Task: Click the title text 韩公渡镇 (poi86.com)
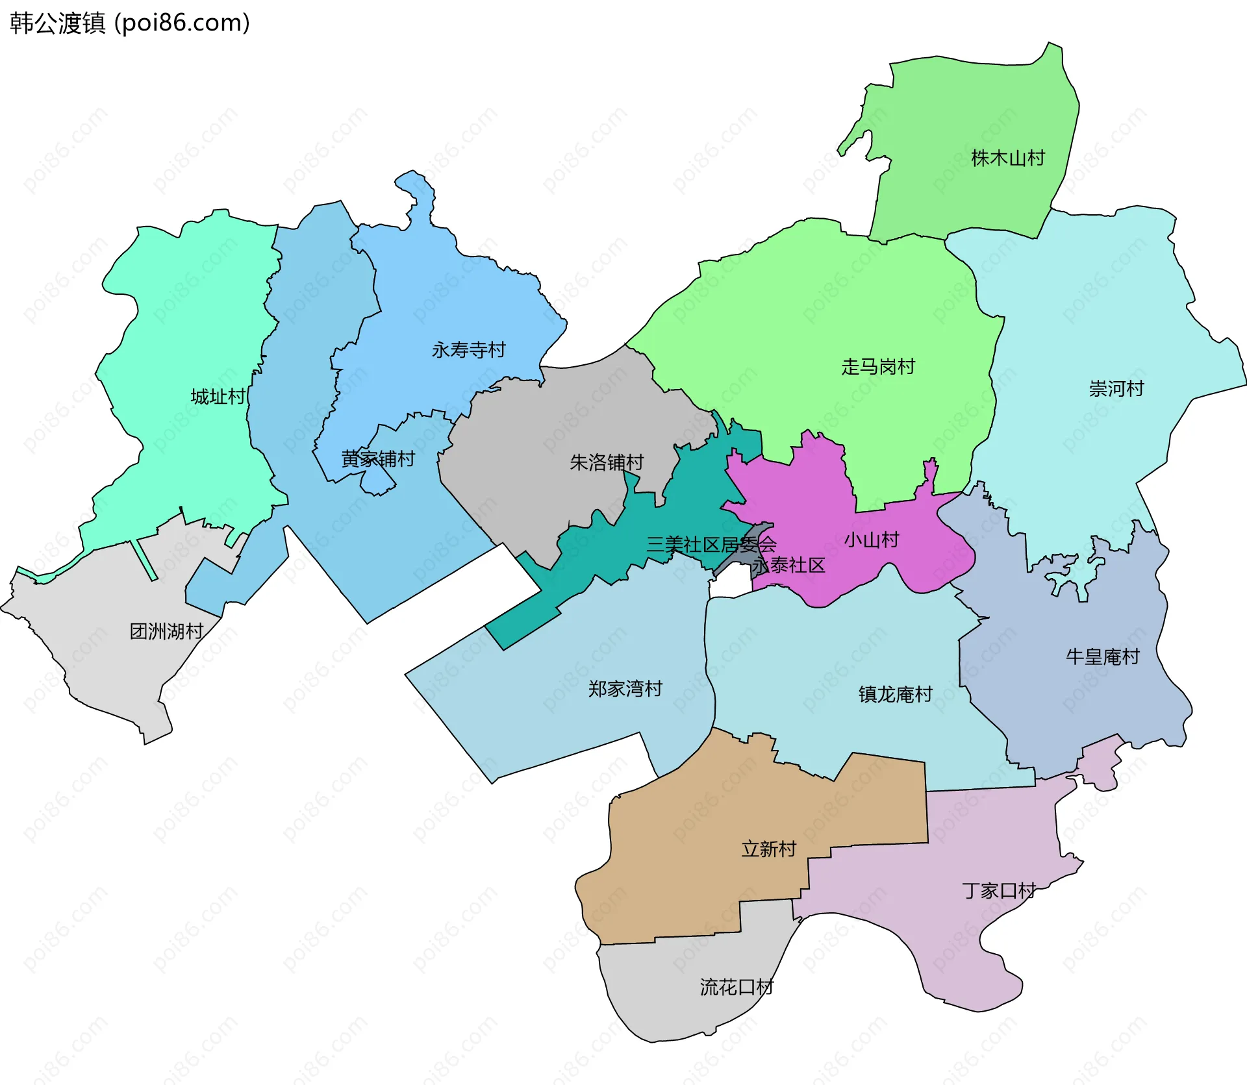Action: click(130, 23)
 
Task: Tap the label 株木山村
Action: click(1007, 158)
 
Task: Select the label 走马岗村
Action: click(877, 367)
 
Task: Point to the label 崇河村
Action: click(1116, 389)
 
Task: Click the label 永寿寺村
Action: click(468, 350)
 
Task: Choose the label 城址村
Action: click(218, 397)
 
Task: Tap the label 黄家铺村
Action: click(378, 459)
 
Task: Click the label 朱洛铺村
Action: click(606, 462)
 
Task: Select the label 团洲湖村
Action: click(166, 631)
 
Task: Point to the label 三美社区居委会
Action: click(711, 544)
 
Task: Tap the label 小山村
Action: click(871, 540)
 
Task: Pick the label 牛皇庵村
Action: click(1102, 656)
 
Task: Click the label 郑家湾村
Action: click(625, 689)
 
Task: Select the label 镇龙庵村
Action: click(895, 695)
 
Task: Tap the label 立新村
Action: click(768, 849)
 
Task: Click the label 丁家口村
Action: click(998, 891)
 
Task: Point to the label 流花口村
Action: click(737, 988)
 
